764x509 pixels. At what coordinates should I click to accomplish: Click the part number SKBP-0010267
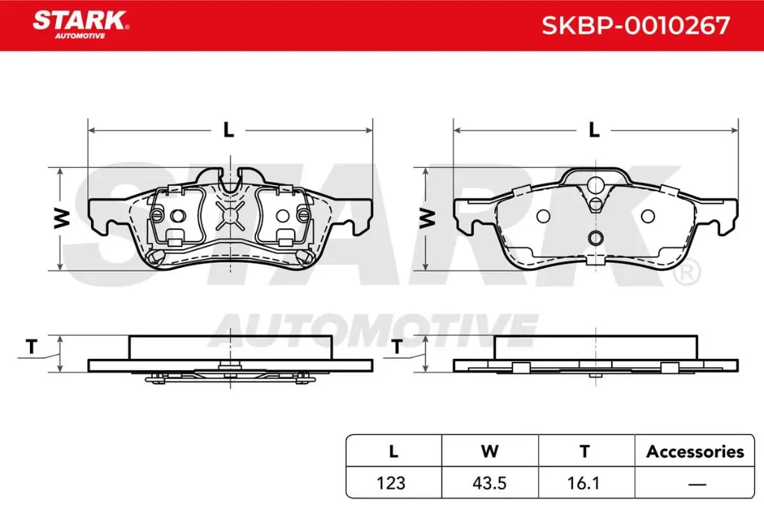point(635,26)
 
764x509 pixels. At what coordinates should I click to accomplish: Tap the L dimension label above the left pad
point(229,130)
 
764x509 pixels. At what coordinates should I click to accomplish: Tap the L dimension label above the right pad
point(594,130)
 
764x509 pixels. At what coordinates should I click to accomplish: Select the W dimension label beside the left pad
point(62,218)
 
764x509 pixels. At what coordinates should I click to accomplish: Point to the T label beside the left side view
point(31,346)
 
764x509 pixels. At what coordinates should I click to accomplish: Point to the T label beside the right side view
point(398,346)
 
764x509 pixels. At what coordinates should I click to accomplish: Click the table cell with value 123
point(392,483)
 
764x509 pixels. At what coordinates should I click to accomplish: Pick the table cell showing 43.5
point(489,483)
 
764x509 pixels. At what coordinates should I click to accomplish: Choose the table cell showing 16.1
point(585,483)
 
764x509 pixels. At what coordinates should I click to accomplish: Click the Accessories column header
point(695,451)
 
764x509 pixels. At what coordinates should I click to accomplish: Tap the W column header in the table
point(489,451)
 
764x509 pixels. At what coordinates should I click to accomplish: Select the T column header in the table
point(585,451)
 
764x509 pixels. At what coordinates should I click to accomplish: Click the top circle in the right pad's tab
point(595,187)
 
